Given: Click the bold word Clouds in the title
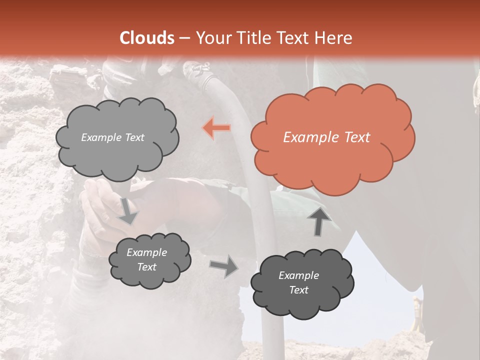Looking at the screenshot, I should click(147, 38).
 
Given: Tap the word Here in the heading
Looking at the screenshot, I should click(333, 38).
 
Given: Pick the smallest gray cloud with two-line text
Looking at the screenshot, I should click(149, 260).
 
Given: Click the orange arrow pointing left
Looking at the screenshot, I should click(217, 128).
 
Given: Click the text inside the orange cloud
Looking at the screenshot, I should click(326, 137).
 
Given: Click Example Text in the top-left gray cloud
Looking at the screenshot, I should click(112, 137).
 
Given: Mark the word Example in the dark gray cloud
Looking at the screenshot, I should click(298, 275).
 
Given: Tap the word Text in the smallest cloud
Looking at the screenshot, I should click(146, 267).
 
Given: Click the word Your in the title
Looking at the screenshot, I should click(209, 38).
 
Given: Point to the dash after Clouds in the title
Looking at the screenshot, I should click(184, 38).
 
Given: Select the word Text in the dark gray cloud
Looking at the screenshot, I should click(298, 290).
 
